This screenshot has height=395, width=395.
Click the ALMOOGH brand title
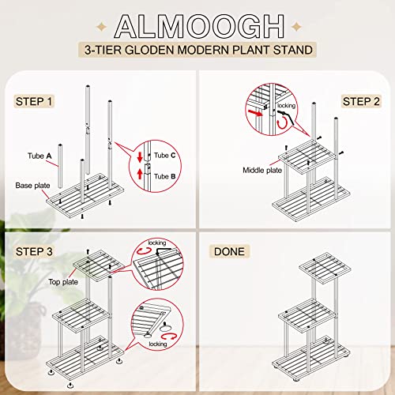pos(197,24)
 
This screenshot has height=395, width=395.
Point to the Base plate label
pos(33,185)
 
